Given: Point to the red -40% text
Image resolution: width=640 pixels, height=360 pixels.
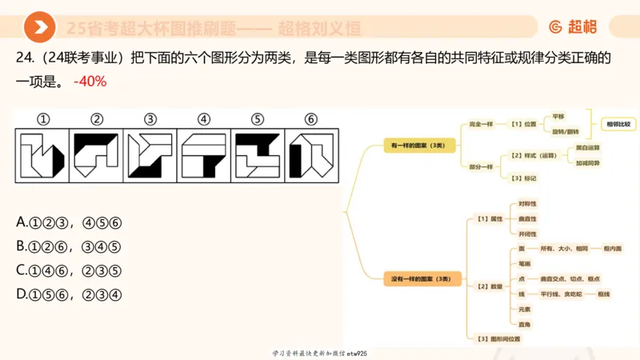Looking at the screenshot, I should (90, 82).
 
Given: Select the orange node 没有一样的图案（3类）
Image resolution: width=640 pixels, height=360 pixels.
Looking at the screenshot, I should (421, 279).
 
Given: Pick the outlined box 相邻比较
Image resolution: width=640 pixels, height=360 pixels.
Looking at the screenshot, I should (618, 124).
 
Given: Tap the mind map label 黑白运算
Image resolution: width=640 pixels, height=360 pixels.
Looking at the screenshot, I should (588, 148).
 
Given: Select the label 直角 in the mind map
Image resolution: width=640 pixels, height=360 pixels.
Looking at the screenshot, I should (525, 324).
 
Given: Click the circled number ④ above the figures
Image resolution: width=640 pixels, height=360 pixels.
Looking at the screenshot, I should (204, 119).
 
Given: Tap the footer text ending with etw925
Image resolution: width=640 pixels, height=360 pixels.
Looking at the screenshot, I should (320, 353).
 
